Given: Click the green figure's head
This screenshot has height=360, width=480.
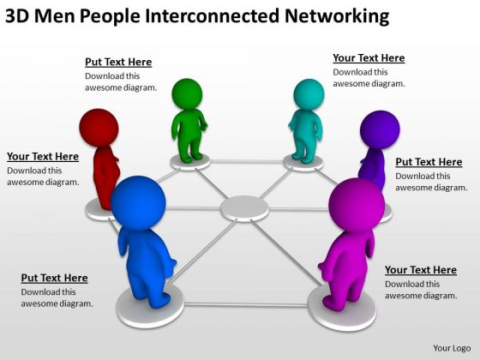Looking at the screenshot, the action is click(187, 93).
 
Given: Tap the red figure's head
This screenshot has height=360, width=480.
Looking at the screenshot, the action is click(99, 128).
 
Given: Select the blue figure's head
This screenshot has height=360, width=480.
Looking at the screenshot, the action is click(138, 202).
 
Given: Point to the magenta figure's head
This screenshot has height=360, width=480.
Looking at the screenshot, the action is click(357, 205).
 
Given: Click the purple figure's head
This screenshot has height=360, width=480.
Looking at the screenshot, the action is click(380, 129).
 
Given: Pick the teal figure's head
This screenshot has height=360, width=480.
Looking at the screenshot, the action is click(309, 94).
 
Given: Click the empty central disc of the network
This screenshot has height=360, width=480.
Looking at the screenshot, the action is click(244, 209).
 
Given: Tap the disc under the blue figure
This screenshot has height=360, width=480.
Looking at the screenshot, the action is click(150, 306).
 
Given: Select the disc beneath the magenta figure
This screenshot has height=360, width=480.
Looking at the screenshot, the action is click(342, 309).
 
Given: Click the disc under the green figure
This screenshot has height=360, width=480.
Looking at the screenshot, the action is click(190, 162).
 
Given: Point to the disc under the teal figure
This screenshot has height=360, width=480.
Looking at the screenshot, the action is click(303, 164).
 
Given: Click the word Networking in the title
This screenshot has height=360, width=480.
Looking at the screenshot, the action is click(337, 16).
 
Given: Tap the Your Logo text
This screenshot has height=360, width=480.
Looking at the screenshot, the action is click(452, 348).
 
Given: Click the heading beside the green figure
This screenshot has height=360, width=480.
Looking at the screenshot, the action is click(118, 62).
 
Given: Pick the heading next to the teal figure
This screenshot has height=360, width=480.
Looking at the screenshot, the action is click(369, 58).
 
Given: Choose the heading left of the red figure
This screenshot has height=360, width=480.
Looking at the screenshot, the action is click(43, 156).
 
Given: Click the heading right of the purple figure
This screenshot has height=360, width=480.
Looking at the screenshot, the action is click(429, 162).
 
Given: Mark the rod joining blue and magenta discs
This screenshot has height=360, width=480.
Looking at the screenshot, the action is click(246, 304).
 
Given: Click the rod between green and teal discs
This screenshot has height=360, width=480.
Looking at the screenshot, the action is click(247, 162).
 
